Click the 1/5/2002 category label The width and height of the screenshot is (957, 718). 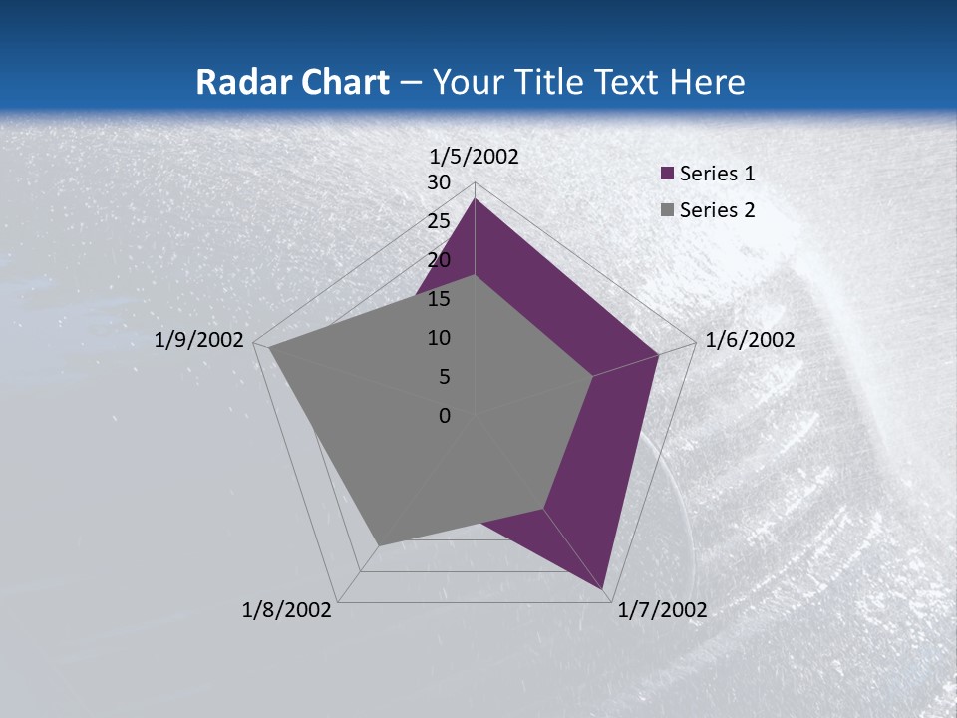[474, 156]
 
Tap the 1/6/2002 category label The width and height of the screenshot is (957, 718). [750, 340]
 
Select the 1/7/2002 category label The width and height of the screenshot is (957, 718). [662, 610]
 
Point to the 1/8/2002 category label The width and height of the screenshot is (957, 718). [286, 610]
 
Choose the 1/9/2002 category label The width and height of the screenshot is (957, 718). [198, 340]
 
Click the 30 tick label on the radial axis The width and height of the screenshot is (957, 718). [439, 182]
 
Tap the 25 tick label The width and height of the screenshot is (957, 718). [439, 221]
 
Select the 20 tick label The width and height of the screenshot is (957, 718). [439, 260]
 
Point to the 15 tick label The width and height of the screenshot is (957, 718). [439, 299]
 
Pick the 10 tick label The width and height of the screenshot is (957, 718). [439, 338]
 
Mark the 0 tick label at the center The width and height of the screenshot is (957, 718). [445, 416]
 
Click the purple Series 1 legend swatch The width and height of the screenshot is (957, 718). [668, 174]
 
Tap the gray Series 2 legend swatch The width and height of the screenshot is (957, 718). [668, 210]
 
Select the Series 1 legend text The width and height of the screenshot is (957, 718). [717, 174]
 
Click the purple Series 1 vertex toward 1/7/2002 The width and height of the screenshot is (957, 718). [605, 588]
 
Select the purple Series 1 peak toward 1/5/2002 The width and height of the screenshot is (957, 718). [476, 199]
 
